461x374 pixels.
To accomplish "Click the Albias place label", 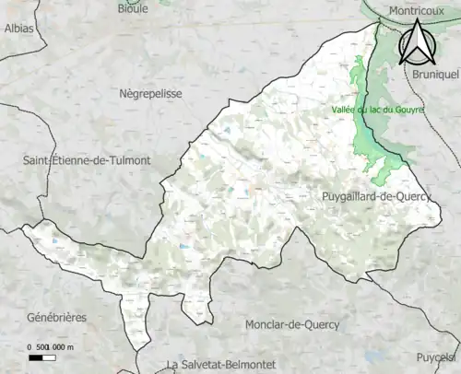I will click(x=18, y=29).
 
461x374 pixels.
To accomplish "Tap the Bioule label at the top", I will click(x=133, y=8).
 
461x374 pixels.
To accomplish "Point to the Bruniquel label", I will click(x=436, y=74).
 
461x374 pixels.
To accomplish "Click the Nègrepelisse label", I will click(x=151, y=94).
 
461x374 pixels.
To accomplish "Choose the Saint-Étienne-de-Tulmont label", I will click(x=87, y=160).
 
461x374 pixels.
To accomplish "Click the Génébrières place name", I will click(x=57, y=317).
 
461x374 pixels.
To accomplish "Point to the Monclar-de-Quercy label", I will click(x=292, y=324).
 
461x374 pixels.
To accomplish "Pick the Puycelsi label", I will click(x=436, y=357).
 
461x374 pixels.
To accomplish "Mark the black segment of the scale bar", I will click(x=36, y=356).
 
